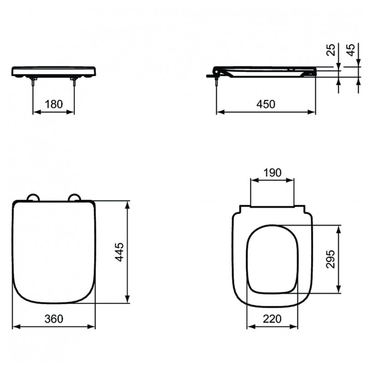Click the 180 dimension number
[54, 104]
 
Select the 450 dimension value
[266, 104]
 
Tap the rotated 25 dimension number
[331, 50]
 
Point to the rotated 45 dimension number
[351, 50]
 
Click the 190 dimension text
[272, 173]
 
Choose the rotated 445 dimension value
[119, 252]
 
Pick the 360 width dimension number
[54, 319]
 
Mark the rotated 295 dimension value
[330, 259]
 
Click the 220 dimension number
[272, 319]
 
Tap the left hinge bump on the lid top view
[33, 197]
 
